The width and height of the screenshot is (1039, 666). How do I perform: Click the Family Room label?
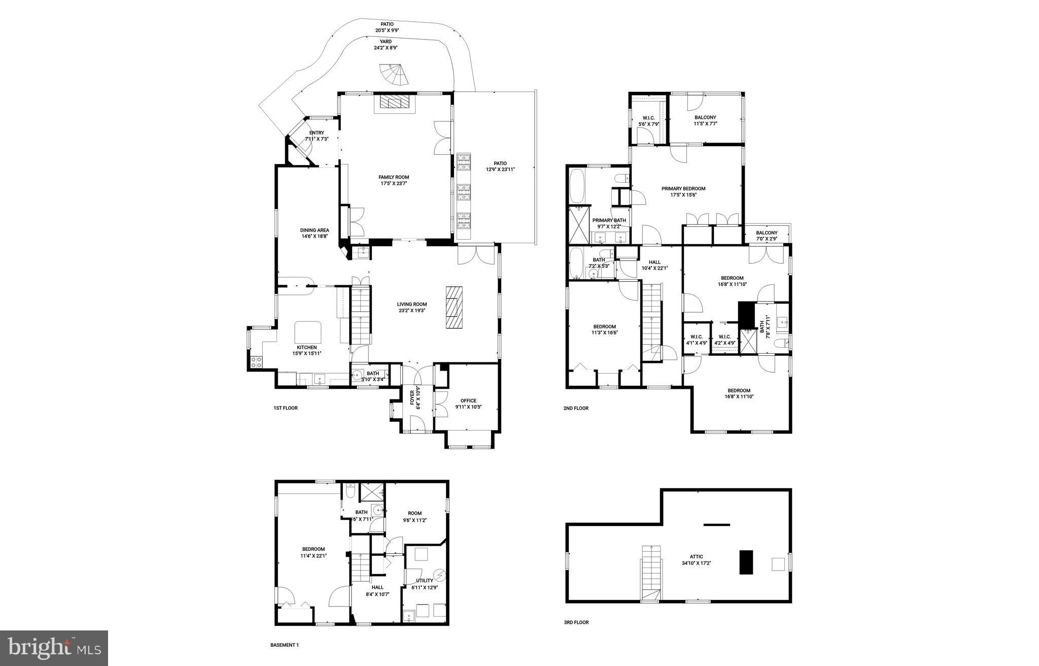click(x=393, y=180)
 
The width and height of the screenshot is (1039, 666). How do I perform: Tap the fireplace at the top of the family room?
click(x=394, y=103)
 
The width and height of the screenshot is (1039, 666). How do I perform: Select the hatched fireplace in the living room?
click(x=454, y=308)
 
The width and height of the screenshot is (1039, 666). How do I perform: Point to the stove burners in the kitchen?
click(x=256, y=362)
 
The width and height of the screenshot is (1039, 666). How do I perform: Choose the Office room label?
click(x=468, y=404)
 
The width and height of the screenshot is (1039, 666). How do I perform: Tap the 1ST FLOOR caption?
click(x=285, y=408)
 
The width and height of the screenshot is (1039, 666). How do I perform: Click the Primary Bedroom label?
click(x=683, y=191)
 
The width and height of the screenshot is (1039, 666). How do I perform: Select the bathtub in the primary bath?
click(x=577, y=185)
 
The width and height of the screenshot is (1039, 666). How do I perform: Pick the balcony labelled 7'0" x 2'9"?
click(x=767, y=236)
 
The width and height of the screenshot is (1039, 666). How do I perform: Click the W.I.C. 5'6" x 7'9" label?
click(x=648, y=121)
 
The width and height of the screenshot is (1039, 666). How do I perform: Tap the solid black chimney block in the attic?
click(x=746, y=562)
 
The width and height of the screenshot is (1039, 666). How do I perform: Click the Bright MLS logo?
click(x=54, y=648)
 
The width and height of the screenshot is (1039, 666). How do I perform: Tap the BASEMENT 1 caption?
click(x=284, y=645)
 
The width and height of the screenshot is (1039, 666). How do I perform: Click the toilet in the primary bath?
click(x=620, y=178)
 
